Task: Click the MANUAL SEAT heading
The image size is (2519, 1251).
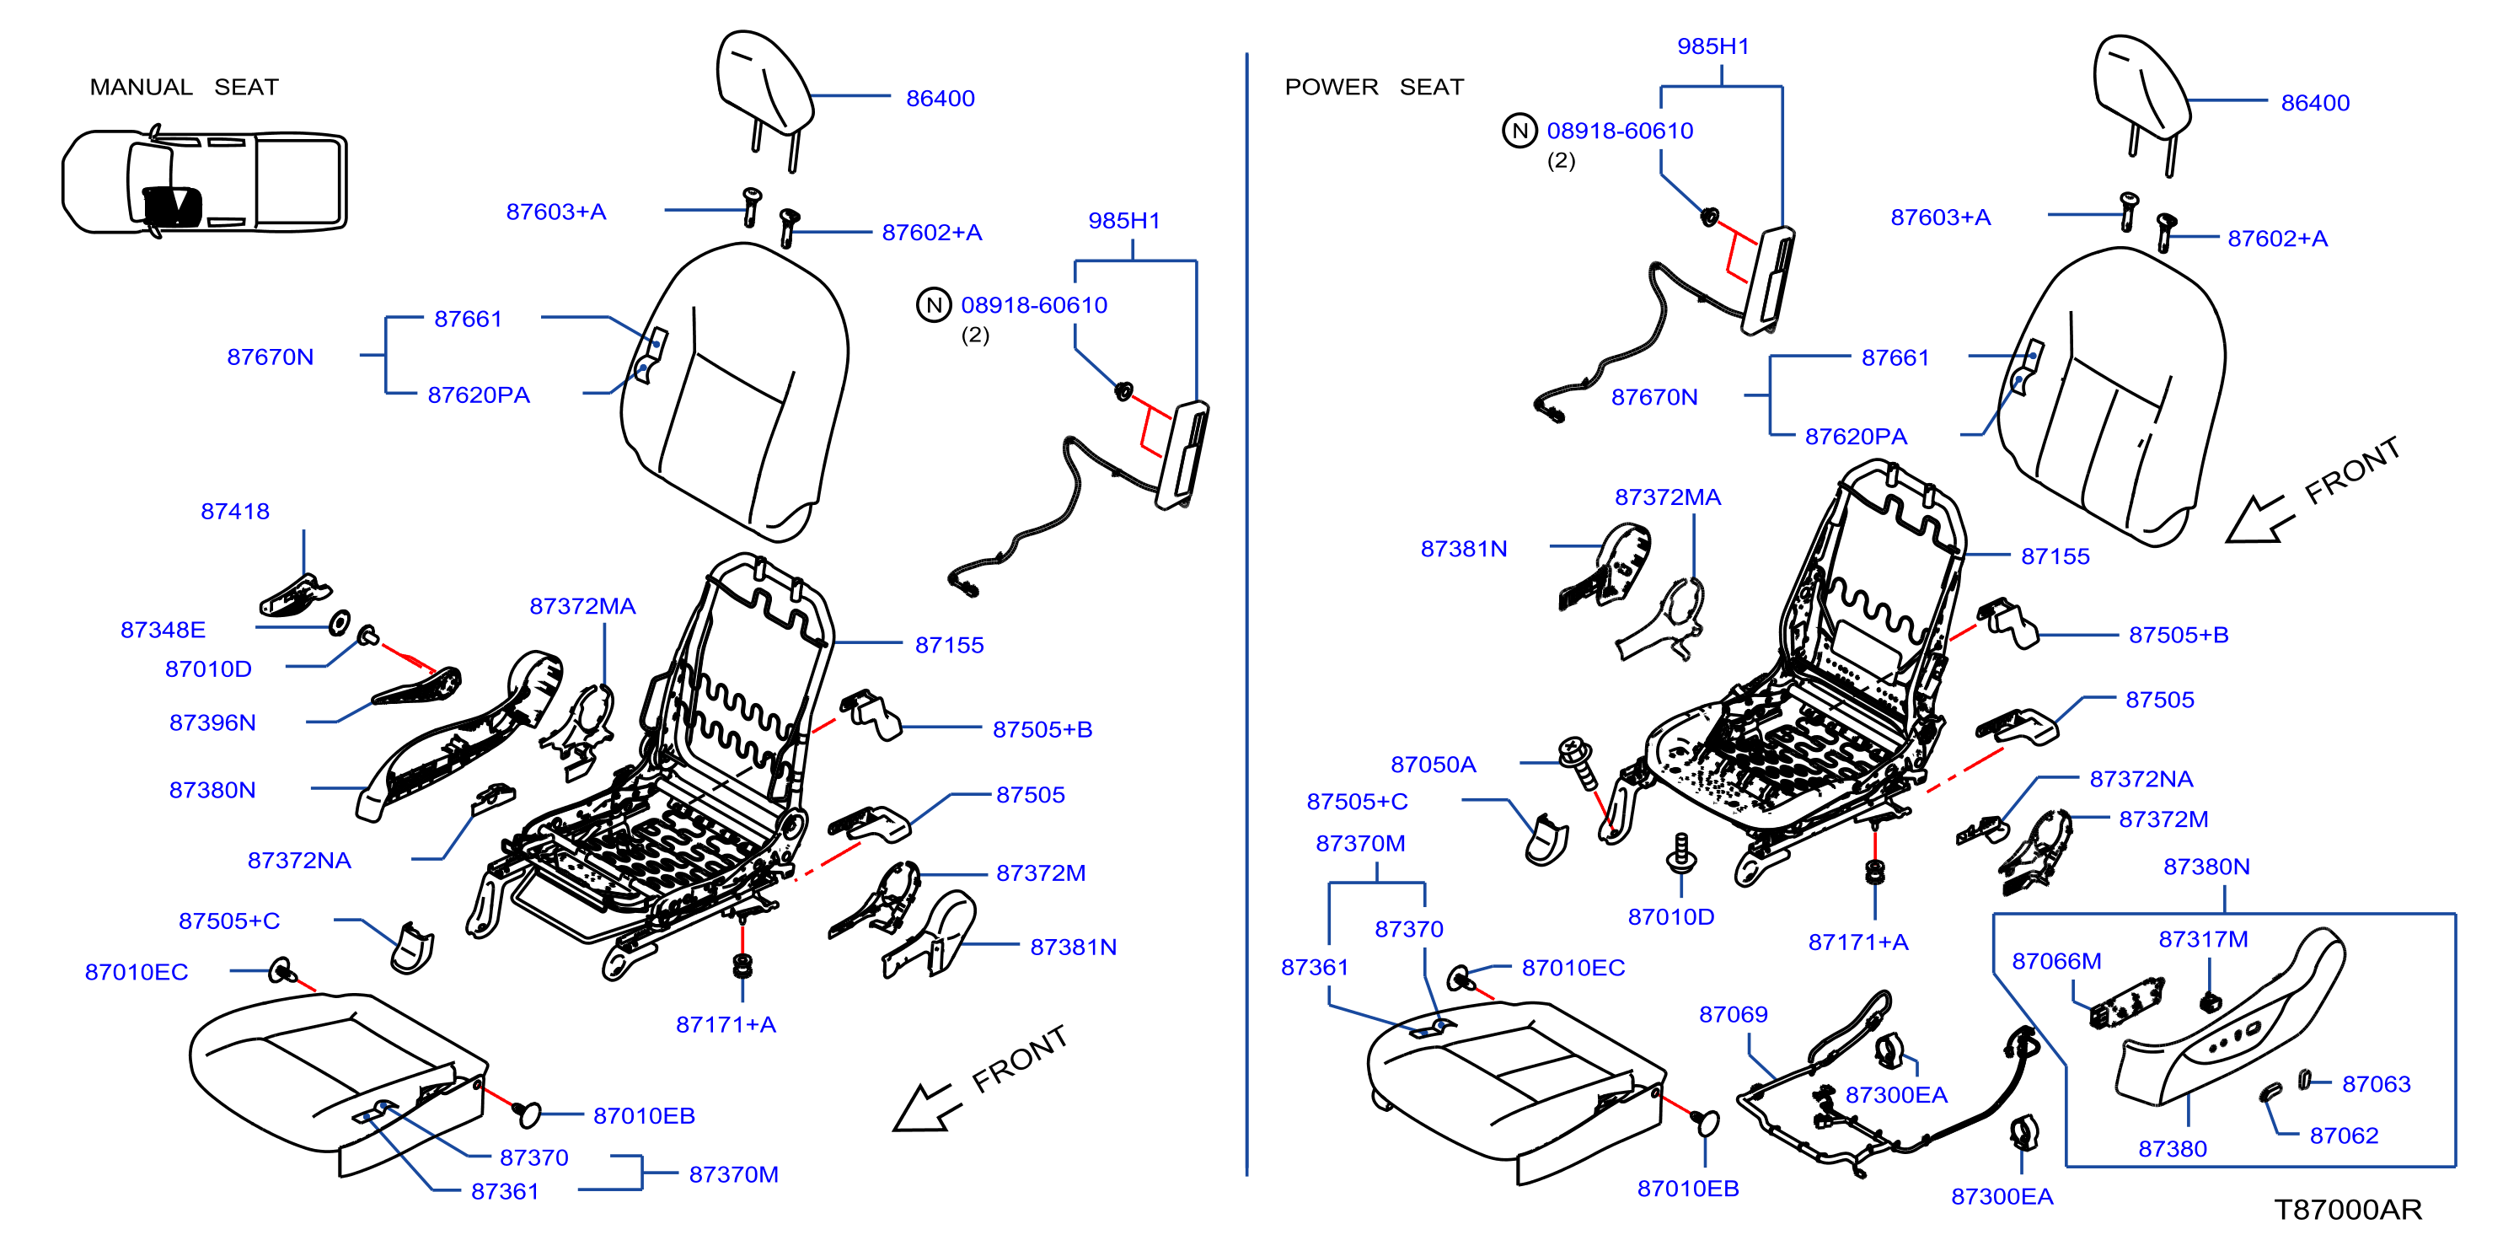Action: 184,87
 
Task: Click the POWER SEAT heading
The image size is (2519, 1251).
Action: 1374,87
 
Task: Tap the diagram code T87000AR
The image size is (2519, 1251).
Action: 2348,1210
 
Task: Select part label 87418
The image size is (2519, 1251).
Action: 234,511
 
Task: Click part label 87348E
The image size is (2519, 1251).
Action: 163,629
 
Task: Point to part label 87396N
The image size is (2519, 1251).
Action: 212,722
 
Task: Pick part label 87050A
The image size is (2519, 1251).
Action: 1433,764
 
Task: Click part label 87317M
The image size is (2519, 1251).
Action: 2203,939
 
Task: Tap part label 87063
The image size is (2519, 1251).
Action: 2377,1084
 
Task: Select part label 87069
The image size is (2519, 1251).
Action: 1733,1014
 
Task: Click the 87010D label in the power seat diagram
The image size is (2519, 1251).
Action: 1670,916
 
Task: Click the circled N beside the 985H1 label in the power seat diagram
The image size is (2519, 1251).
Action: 1519,130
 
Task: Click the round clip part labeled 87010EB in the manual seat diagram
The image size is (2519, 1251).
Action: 526,1113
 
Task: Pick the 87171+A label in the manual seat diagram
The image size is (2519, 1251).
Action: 726,1024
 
